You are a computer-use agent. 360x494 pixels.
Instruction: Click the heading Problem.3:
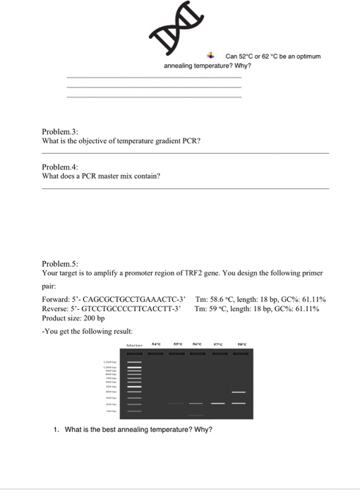point(60,131)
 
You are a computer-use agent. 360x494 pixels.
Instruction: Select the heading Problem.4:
point(60,167)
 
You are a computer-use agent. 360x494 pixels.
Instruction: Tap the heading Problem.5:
point(60,262)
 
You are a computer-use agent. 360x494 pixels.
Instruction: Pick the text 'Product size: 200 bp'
point(73,318)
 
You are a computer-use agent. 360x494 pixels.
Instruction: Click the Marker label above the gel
point(135,344)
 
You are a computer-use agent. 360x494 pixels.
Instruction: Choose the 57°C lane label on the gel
point(218,344)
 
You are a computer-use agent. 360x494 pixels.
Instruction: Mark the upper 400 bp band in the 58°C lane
point(239,392)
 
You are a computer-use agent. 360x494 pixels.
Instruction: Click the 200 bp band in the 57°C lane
point(218,404)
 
